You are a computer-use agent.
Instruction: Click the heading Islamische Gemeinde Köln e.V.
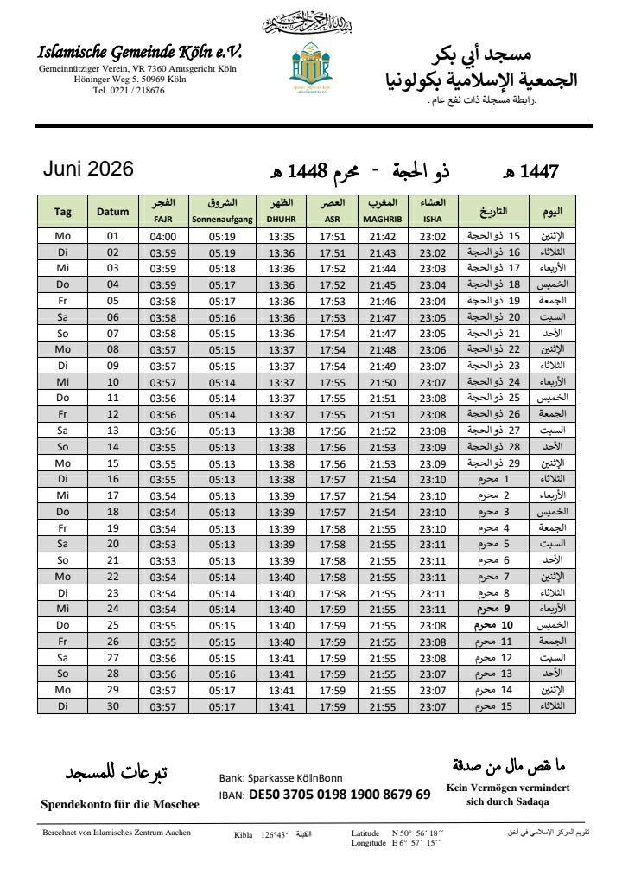click(140, 52)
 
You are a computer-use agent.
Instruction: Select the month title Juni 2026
click(88, 169)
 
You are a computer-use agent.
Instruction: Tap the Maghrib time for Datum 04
click(383, 285)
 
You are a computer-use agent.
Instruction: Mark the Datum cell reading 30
click(113, 706)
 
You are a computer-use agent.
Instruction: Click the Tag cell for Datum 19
click(63, 528)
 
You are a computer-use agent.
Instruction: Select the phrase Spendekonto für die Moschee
click(120, 804)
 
